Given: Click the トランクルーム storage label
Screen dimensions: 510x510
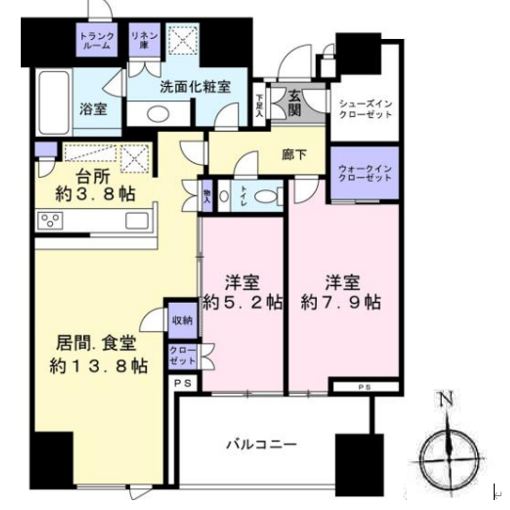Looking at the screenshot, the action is [x=97, y=40].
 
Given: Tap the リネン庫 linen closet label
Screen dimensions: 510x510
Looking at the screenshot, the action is [x=144, y=40].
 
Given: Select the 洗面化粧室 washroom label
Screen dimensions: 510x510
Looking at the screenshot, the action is [x=195, y=87].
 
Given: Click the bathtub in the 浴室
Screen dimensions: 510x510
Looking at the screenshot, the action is [x=55, y=102].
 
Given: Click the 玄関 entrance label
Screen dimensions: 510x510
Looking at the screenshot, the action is [x=295, y=104].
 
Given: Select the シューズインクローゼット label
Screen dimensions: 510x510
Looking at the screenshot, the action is [x=365, y=109].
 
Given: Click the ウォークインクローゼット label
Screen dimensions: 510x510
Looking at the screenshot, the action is [x=365, y=173].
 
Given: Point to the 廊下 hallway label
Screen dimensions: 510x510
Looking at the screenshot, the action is [x=294, y=155].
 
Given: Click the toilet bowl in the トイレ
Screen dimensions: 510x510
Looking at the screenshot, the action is [x=267, y=197].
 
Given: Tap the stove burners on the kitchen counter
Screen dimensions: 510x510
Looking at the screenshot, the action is [x=50, y=220].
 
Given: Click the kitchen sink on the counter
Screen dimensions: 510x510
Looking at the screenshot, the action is [x=137, y=220].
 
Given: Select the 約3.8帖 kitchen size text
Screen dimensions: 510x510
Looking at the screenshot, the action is [x=95, y=194].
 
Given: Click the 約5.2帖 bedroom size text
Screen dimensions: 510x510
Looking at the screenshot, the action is [x=242, y=302].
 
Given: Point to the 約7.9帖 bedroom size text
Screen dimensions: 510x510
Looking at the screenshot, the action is [x=341, y=302].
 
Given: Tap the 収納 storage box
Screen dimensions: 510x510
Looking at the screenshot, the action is [x=183, y=321].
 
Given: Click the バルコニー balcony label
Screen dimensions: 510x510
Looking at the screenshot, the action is [x=262, y=444].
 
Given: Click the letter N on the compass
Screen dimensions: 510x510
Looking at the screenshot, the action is [x=446, y=399].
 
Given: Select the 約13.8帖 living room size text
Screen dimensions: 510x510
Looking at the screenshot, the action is [x=98, y=366].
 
